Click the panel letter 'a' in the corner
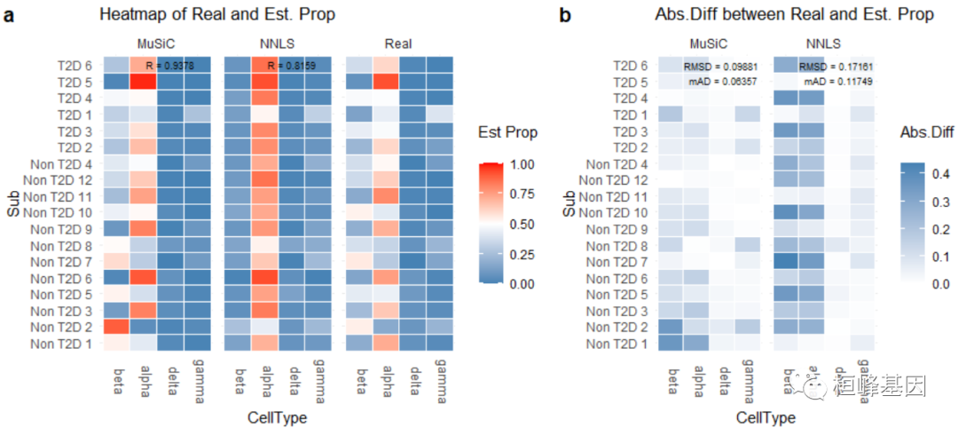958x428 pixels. (x=10, y=15)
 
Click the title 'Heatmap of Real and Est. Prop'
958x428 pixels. (x=217, y=15)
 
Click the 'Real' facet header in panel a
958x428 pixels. (x=397, y=44)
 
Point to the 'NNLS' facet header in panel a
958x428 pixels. (x=278, y=44)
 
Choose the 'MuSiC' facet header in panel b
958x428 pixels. (x=711, y=44)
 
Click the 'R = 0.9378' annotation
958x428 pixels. (x=171, y=65)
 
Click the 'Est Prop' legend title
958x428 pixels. (x=509, y=132)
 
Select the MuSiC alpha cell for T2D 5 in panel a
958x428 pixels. (x=143, y=82)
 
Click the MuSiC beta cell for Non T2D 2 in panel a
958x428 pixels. (x=116, y=327)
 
